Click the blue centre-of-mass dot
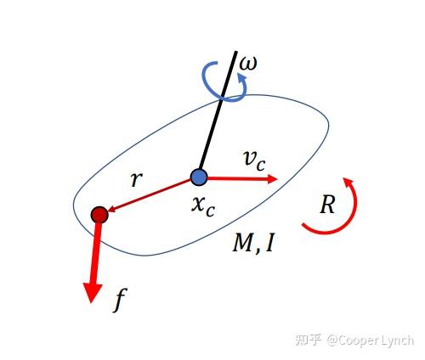click(x=199, y=177)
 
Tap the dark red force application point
click(x=99, y=215)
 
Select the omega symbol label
click(x=248, y=64)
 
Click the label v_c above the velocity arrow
click(x=255, y=161)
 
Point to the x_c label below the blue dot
click(x=203, y=206)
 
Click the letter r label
click(x=137, y=179)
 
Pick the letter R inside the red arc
click(x=328, y=205)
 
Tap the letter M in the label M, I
click(x=243, y=243)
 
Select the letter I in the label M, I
click(x=269, y=243)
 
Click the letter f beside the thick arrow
click(x=120, y=300)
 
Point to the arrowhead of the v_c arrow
click(x=272, y=178)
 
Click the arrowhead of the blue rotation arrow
click(x=241, y=77)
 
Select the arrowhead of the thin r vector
click(x=111, y=210)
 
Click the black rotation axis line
click(x=218, y=111)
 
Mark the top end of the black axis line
click(x=236, y=52)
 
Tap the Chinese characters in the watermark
click(x=309, y=340)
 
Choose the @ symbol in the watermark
click(x=332, y=340)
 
